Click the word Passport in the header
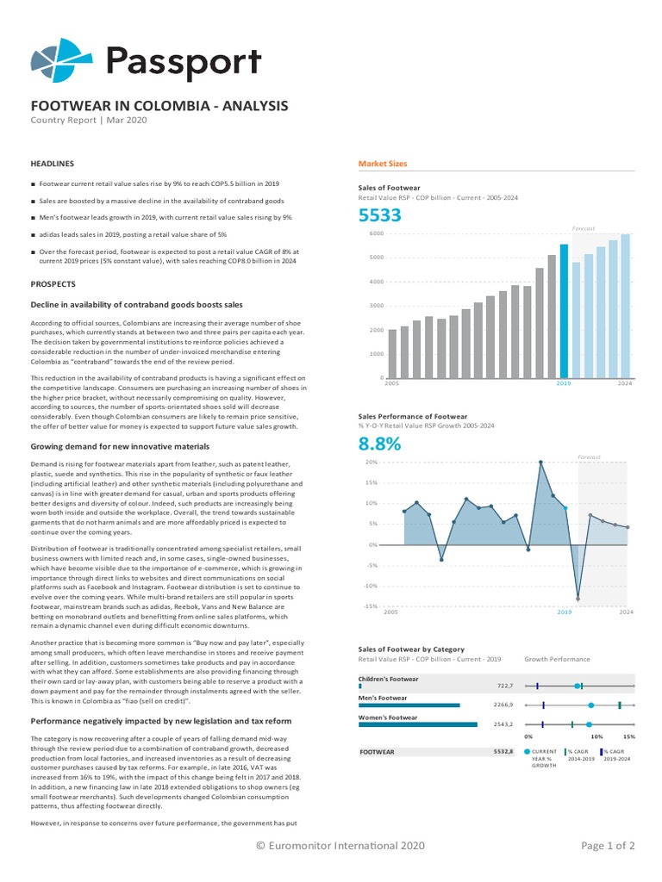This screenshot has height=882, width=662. click(x=183, y=61)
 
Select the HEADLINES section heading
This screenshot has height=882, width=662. click(x=53, y=164)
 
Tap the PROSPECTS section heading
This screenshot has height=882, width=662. click(x=53, y=283)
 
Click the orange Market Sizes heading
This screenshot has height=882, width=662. click(x=383, y=164)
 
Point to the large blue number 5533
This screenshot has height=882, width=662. click(x=380, y=216)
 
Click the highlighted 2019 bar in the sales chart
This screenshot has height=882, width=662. click(x=564, y=310)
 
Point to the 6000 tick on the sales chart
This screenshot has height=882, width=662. click(x=376, y=233)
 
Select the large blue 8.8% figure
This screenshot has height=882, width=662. click(x=380, y=444)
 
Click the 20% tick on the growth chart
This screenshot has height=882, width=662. click(x=372, y=463)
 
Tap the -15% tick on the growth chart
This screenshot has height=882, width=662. click(x=371, y=606)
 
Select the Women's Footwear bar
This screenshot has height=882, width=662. click(x=417, y=724)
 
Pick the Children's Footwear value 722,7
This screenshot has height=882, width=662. click(x=505, y=686)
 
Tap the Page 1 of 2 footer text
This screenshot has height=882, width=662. click(x=609, y=846)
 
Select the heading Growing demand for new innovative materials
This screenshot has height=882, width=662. click(x=120, y=447)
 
